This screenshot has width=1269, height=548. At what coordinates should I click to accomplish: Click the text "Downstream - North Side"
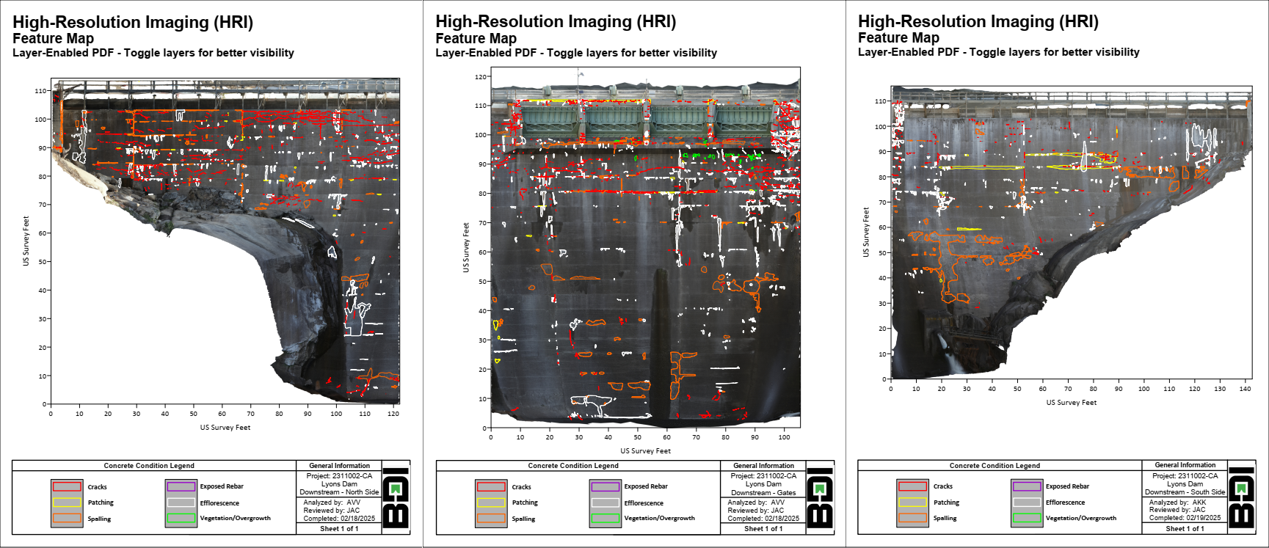pyautogui.click(x=339, y=492)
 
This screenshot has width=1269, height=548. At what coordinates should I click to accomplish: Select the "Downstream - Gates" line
pyautogui.click(x=763, y=493)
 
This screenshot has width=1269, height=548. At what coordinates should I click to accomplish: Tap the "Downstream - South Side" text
pyautogui.click(x=1185, y=492)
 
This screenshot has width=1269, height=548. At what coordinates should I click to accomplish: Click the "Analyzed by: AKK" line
pyautogui.click(x=1177, y=503)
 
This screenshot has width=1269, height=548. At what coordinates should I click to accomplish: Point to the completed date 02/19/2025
pyautogui.click(x=1203, y=517)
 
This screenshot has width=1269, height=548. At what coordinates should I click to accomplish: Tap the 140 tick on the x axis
pyautogui.click(x=1245, y=389)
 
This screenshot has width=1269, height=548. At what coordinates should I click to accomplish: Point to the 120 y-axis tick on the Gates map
pyautogui.click(x=481, y=76)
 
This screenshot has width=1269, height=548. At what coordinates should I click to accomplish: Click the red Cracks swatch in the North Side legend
pyautogui.click(x=67, y=486)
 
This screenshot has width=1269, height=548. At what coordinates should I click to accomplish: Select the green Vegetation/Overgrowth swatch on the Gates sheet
pyautogui.click(x=606, y=519)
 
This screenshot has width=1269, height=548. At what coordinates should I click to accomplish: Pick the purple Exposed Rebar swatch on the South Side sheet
pyautogui.click(x=1027, y=486)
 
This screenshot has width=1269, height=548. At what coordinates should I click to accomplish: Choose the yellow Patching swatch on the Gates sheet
pyautogui.click(x=491, y=503)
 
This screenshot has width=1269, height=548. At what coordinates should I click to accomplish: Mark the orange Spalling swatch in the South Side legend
pyautogui.click(x=912, y=518)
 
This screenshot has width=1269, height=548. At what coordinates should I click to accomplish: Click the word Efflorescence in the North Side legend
pyautogui.click(x=219, y=503)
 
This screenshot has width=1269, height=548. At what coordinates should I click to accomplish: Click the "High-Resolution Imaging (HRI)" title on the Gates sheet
pyautogui.click(x=556, y=21)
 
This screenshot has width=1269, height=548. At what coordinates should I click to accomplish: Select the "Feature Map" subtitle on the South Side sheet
pyautogui.click(x=898, y=37)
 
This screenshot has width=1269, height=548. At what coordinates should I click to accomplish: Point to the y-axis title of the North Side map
pyautogui.click(x=26, y=241)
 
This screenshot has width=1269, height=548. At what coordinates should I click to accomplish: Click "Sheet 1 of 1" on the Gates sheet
pyautogui.click(x=763, y=528)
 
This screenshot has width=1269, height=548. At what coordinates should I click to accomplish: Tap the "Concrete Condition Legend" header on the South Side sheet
pyautogui.click(x=995, y=465)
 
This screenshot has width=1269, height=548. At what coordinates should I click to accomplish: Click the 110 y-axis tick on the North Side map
pyautogui.click(x=40, y=91)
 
